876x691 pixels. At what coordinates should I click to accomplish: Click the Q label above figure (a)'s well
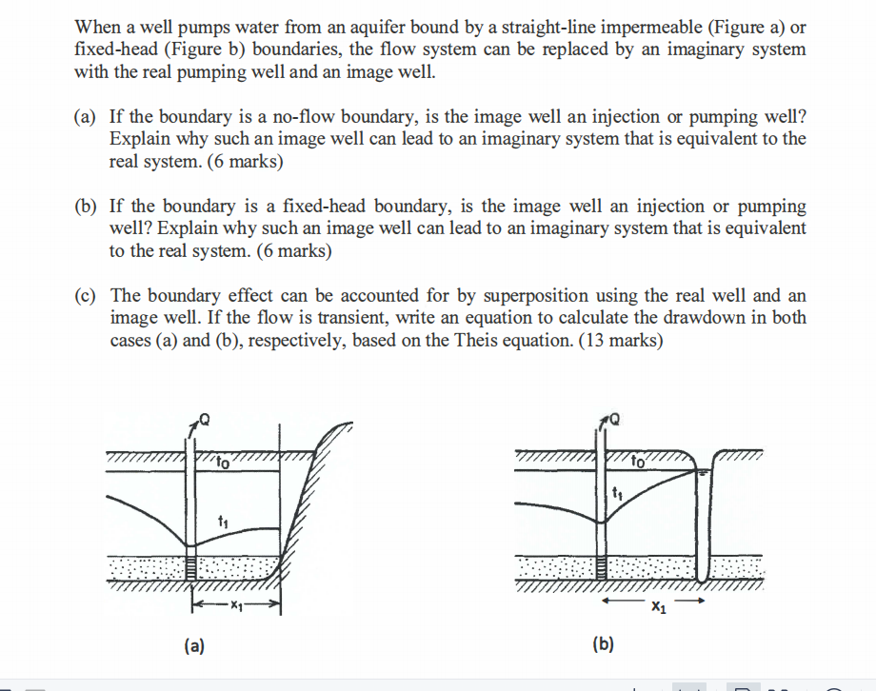205,420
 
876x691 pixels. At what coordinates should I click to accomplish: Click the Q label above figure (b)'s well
614,419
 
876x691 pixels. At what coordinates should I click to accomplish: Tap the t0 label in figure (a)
223,463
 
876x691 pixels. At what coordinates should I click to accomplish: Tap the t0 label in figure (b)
637,462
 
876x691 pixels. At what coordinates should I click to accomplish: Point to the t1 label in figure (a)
223,522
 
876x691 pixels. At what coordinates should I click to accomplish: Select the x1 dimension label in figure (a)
236,605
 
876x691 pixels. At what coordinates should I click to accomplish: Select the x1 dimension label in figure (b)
659,606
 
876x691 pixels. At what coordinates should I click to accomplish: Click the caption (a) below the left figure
194,645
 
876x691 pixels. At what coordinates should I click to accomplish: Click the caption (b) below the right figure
604,644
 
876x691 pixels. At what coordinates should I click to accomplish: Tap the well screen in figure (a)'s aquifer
191,568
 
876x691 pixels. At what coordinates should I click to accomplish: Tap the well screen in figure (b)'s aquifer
601,568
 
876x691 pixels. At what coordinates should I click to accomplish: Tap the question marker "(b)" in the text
85,207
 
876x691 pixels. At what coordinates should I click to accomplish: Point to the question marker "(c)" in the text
85,295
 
